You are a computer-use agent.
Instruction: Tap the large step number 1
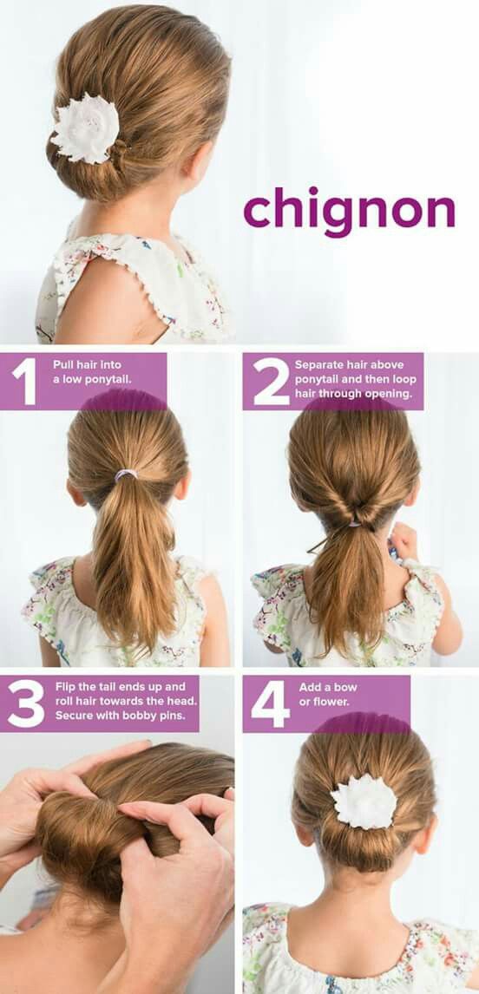(24, 381)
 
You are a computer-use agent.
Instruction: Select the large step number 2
(271, 381)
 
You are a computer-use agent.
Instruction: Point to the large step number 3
(26, 703)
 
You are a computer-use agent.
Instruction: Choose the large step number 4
(270, 703)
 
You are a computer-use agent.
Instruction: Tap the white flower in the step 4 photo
(364, 801)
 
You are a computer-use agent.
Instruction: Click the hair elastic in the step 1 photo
(126, 474)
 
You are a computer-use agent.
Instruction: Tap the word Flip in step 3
(66, 687)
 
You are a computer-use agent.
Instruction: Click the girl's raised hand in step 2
(404, 540)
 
